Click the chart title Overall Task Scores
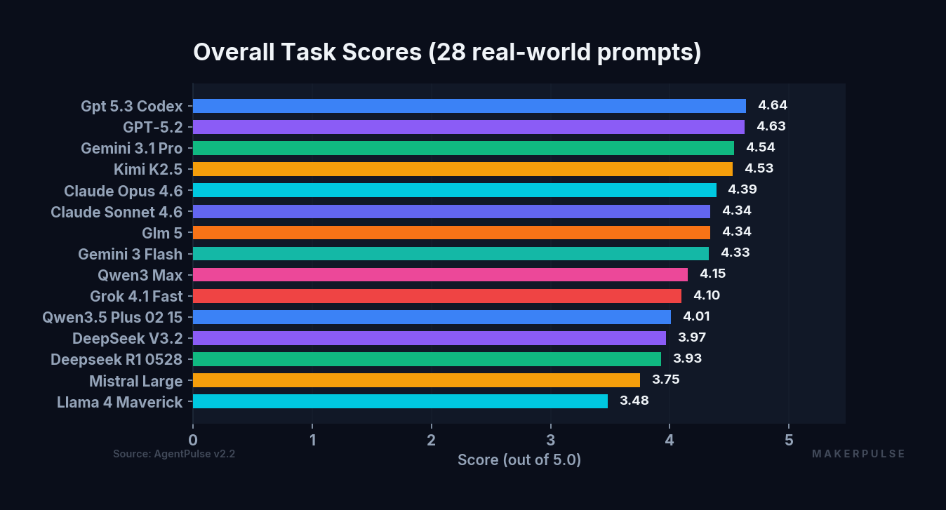click(x=447, y=53)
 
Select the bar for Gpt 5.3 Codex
click(x=469, y=106)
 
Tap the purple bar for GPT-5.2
click(x=468, y=127)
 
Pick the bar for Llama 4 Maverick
click(x=400, y=401)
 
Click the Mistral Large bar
click(x=416, y=380)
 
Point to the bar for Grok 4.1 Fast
click(x=437, y=295)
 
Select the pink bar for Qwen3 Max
click(x=440, y=274)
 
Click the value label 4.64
click(x=773, y=106)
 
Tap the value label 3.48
click(x=634, y=401)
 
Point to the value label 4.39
click(x=742, y=190)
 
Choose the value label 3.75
click(x=665, y=380)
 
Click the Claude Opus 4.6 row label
click(x=123, y=191)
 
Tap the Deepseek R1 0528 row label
click(x=116, y=359)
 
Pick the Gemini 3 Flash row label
click(x=130, y=254)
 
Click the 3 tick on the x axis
click(x=550, y=440)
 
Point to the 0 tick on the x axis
click(x=193, y=440)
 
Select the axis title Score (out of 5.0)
click(x=519, y=460)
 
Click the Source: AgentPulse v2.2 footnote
click(x=174, y=454)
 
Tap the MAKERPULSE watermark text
click(x=858, y=454)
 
